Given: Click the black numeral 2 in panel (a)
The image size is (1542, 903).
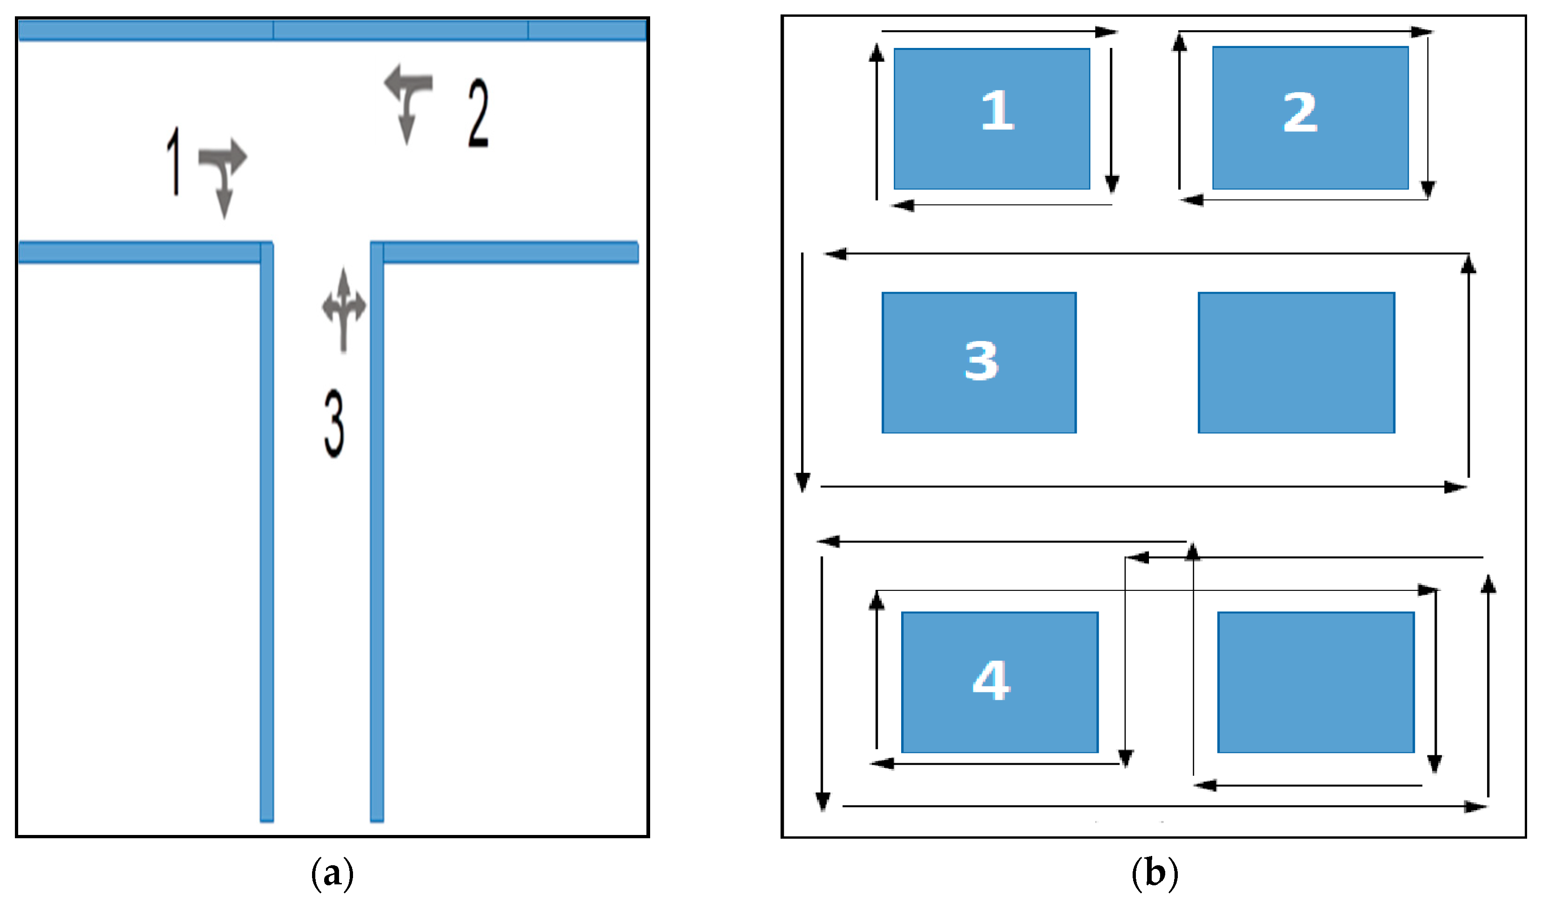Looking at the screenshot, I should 478,113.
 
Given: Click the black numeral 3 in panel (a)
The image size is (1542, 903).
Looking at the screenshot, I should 334,424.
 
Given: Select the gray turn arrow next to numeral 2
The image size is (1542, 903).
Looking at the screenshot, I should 408,98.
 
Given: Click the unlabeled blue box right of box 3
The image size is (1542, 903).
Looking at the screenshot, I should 1296,363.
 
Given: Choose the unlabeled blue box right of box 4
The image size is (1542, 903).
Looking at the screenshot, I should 1316,682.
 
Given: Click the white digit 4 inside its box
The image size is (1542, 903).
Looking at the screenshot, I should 991,680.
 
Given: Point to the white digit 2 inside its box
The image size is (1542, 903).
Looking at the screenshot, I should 1300,112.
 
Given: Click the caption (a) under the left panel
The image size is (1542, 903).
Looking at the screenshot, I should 332,874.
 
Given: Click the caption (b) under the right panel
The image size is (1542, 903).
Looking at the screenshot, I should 1154,874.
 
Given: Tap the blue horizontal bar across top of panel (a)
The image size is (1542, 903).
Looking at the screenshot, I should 332,30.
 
